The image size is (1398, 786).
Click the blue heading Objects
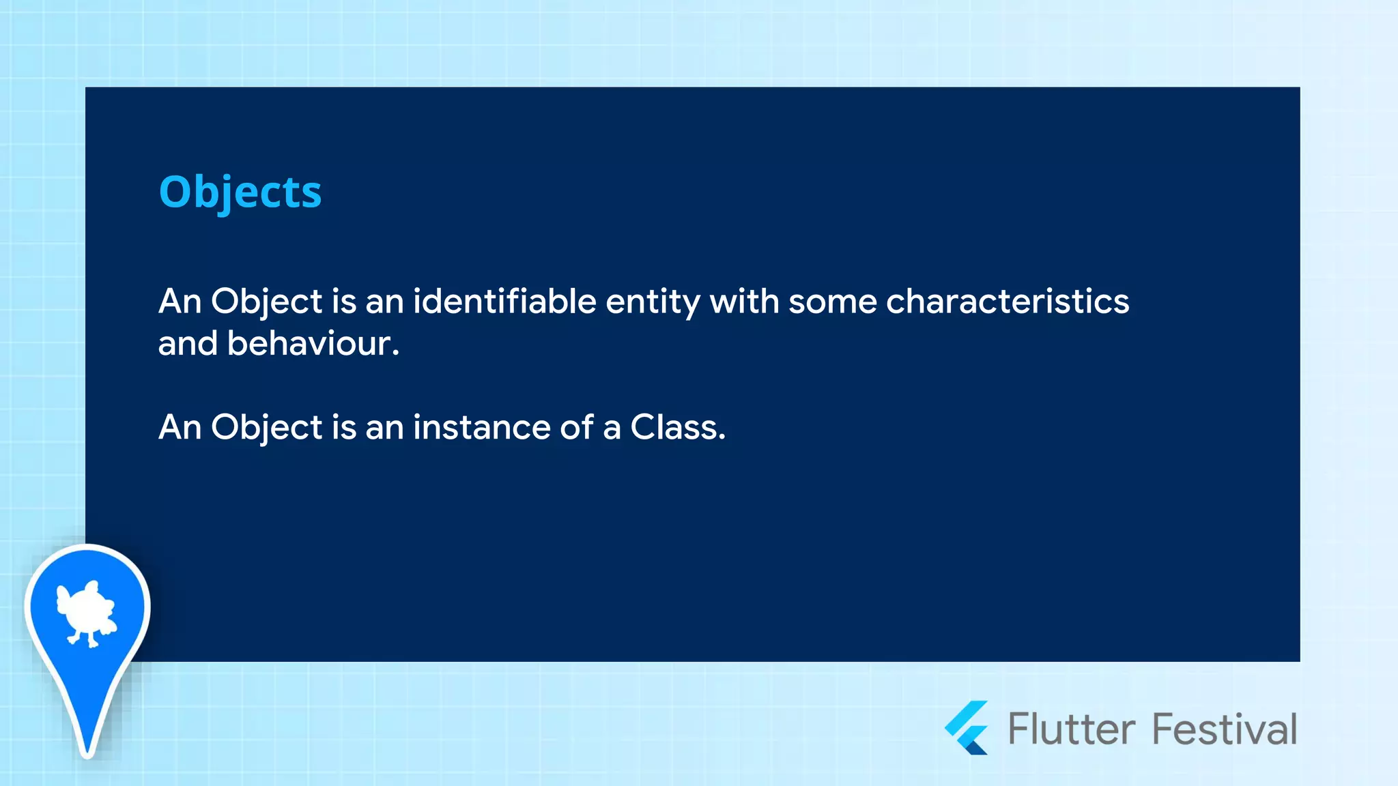pyautogui.click(x=240, y=192)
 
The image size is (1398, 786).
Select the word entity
pyautogui.click(x=653, y=302)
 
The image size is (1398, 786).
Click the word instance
pyautogui.click(x=482, y=427)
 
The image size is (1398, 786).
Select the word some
pyautogui.click(x=832, y=302)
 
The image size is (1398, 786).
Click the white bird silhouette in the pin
pyautogui.click(x=86, y=613)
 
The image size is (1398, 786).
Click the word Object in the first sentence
pyautogui.click(x=266, y=302)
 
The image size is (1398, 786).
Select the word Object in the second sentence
pyautogui.click(x=266, y=428)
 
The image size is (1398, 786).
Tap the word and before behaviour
pyautogui.click(x=188, y=343)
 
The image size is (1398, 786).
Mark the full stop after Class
pyautogui.click(x=722, y=439)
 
